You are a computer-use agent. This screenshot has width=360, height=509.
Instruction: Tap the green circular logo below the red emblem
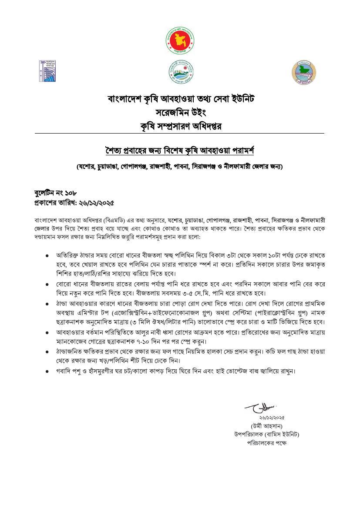point(181,72)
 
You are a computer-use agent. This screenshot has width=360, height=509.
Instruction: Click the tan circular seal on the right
point(303,73)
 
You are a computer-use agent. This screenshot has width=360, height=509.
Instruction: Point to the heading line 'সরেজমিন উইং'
point(180,113)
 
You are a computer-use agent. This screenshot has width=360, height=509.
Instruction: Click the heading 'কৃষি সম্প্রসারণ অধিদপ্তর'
point(180,127)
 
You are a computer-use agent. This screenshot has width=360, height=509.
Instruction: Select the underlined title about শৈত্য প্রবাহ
point(180,151)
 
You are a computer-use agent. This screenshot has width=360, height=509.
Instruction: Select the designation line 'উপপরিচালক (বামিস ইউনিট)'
point(266,434)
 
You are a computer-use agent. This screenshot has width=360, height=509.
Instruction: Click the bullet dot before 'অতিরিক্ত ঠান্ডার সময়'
point(47,256)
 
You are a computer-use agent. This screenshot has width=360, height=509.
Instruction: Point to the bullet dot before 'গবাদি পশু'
point(47,372)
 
